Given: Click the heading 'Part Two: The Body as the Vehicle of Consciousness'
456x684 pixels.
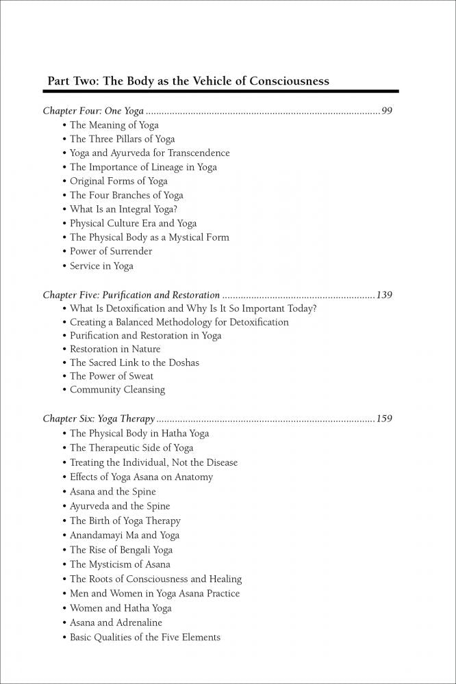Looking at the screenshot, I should [188, 81].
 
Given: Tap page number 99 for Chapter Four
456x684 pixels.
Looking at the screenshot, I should [386, 111].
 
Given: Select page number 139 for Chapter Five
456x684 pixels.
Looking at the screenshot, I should [383, 295].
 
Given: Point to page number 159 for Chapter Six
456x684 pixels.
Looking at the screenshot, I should [383, 419].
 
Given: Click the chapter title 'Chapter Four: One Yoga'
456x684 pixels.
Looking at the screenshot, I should [93, 111].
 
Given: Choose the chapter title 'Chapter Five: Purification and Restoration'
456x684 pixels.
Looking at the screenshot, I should [131, 295].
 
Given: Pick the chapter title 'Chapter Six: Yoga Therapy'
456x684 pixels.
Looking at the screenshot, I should [99, 419].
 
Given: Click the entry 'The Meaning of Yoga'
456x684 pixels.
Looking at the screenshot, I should [114, 125].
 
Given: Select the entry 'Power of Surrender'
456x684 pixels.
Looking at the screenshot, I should [111, 251].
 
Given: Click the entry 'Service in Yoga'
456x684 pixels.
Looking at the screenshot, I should [101, 265].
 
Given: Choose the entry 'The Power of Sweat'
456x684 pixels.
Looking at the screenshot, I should [112, 376].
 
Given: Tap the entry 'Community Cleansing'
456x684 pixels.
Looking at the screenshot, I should [117, 390].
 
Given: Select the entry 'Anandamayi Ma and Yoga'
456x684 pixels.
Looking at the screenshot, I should [125, 536].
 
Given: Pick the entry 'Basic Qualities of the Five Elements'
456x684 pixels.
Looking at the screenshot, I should [145, 637].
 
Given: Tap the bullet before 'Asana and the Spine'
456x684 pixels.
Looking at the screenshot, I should [65, 492].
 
